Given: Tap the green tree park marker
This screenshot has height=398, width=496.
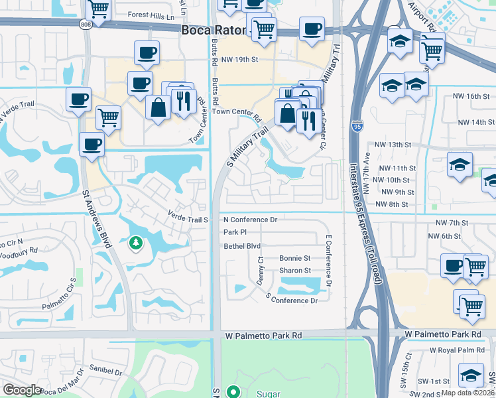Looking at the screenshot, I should tap(135, 243).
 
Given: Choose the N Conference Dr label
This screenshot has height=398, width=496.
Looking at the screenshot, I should tap(250, 220).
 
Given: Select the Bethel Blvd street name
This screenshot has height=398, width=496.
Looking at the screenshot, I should tap(242, 245).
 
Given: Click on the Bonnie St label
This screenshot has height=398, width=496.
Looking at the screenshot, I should tap(294, 258).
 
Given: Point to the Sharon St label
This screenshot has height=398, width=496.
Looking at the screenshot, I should tap(294, 271).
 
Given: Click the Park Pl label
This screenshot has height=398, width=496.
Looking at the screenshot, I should tap(235, 232).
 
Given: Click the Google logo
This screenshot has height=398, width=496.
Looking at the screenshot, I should tap(23, 390).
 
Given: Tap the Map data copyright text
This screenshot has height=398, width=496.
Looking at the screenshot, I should tap(467, 393).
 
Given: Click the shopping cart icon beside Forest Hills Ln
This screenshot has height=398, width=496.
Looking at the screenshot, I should tap(98, 9).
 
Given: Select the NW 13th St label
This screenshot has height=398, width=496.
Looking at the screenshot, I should tap(393, 145).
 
